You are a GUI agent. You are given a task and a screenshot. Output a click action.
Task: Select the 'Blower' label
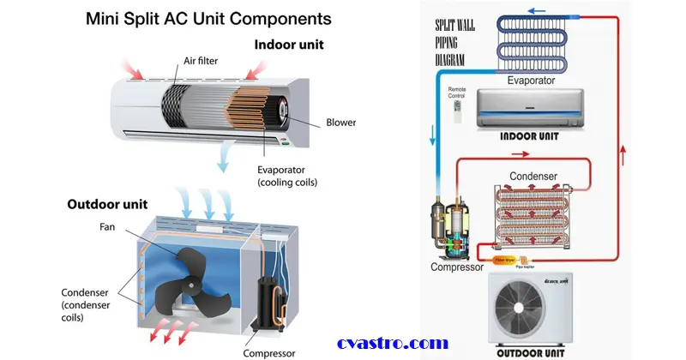(x=341, y=123)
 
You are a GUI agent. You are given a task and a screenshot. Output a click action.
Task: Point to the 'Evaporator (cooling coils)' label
(x=287, y=175)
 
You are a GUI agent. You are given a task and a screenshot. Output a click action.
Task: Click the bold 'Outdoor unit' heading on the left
(x=107, y=205)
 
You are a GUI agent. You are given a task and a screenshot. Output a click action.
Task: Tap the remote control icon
(x=458, y=112)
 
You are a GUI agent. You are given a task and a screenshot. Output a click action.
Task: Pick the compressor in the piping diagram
(x=453, y=229)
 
